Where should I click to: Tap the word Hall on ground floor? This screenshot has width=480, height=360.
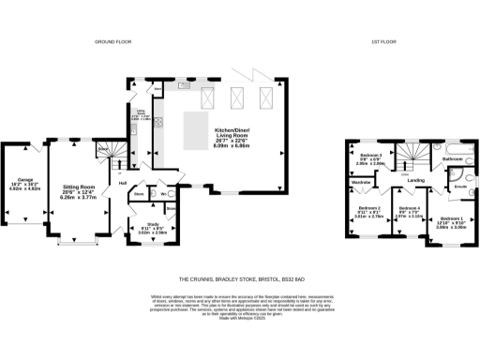tap(123, 182)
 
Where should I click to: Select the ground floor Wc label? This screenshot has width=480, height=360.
tap(161, 194)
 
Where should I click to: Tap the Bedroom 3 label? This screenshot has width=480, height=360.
tap(369, 157)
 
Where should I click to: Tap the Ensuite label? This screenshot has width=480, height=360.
tap(461, 186)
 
